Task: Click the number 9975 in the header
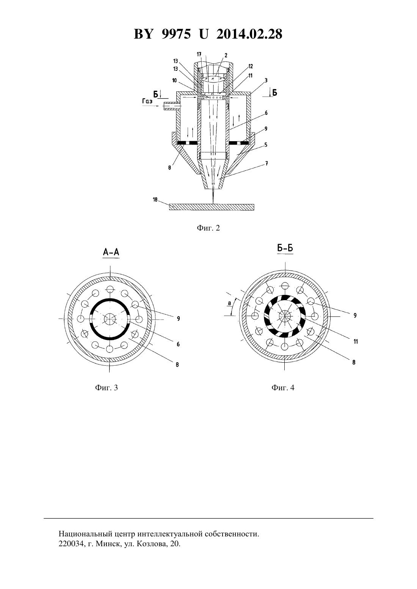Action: (x=176, y=34)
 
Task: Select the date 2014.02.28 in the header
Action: (x=249, y=34)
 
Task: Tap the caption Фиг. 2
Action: (x=208, y=228)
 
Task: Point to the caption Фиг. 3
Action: (x=107, y=387)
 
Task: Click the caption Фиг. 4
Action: (x=283, y=387)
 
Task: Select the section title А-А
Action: (x=111, y=252)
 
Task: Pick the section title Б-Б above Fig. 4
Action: (x=285, y=248)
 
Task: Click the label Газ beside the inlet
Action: (x=147, y=101)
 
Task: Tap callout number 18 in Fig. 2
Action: (x=155, y=199)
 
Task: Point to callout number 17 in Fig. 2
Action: (x=199, y=54)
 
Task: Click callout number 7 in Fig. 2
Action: (x=267, y=163)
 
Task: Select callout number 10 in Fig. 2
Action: (x=174, y=81)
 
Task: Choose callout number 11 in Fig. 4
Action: (x=356, y=341)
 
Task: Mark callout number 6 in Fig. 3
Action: (x=178, y=344)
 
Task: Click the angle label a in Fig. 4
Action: (x=229, y=303)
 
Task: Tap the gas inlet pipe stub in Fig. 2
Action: (x=172, y=106)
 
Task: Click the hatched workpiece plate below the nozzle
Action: (x=212, y=207)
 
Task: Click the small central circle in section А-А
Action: (x=110, y=319)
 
